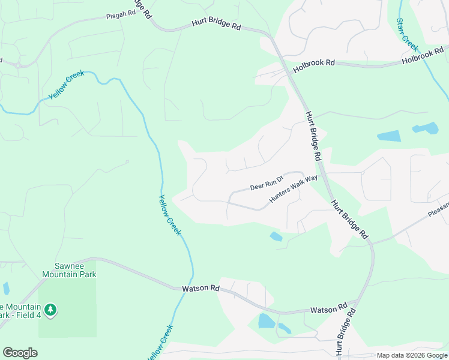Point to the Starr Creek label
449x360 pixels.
407,34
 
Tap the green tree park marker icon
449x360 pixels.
51,309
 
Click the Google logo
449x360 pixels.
20,353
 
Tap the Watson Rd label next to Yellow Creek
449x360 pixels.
200,289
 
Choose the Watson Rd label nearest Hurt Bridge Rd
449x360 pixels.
329,309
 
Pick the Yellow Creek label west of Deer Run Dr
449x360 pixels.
170,214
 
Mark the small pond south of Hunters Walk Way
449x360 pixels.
276,236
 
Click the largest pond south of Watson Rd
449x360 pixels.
266,321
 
